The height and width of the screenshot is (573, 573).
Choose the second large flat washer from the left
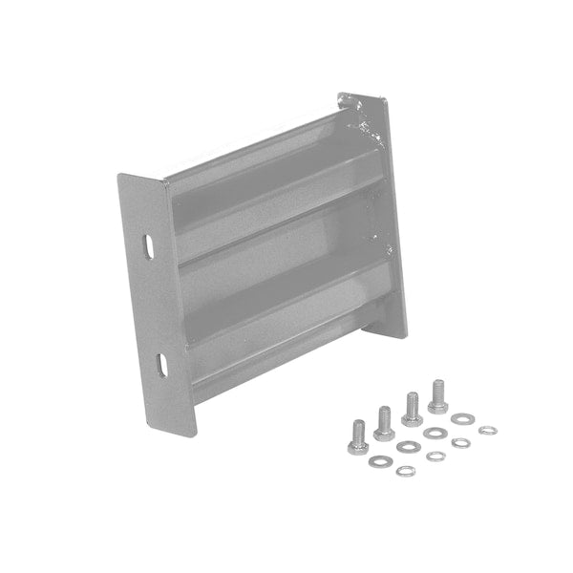point(410,446)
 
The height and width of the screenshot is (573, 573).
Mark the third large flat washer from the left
point(435,433)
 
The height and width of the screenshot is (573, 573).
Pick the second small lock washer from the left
point(435,456)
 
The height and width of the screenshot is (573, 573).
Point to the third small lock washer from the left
point(460,442)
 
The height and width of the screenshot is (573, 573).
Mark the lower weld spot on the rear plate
point(389,250)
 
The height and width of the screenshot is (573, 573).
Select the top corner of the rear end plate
point(340,94)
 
